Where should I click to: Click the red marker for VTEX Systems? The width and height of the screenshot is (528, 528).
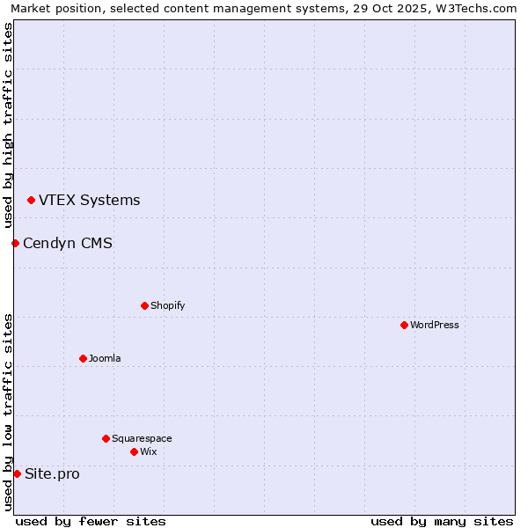click(x=31, y=201)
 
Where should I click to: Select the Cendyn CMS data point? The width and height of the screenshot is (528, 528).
click(x=15, y=243)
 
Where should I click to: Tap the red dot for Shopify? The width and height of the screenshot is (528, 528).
click(x=144, y=305)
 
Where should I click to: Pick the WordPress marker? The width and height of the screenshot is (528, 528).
click(x=404, y=325)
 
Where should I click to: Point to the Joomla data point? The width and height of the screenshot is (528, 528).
click(x=83, y=358)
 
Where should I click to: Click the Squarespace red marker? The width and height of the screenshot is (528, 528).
click(x=106, y=438)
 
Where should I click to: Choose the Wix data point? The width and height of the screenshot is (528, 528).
click(x=134, y=451)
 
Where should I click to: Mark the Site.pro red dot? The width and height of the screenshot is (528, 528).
click(x=17, y=473)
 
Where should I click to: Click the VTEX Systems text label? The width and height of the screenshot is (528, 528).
click(x=89, y=201)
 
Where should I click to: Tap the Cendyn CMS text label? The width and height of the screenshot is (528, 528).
click(x=68, y=243)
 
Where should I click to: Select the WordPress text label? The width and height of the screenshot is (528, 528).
click(x=435, y=325)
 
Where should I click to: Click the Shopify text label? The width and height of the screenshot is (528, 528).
click(x=167, y=305)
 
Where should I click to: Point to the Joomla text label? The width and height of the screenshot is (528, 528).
click(x=105, y=358)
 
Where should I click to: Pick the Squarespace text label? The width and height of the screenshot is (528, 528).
click(x=142, y=438)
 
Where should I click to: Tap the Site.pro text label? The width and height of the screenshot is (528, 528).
click(x=52, y=473)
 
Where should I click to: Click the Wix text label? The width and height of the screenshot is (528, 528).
click(x=148, y=451)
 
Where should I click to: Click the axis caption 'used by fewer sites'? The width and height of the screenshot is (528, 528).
click(x=91, y=521)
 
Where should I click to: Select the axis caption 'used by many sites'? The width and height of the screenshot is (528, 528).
click(x=442, y=521)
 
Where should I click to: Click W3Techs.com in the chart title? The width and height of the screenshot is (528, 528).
click(x=473, y=8)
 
